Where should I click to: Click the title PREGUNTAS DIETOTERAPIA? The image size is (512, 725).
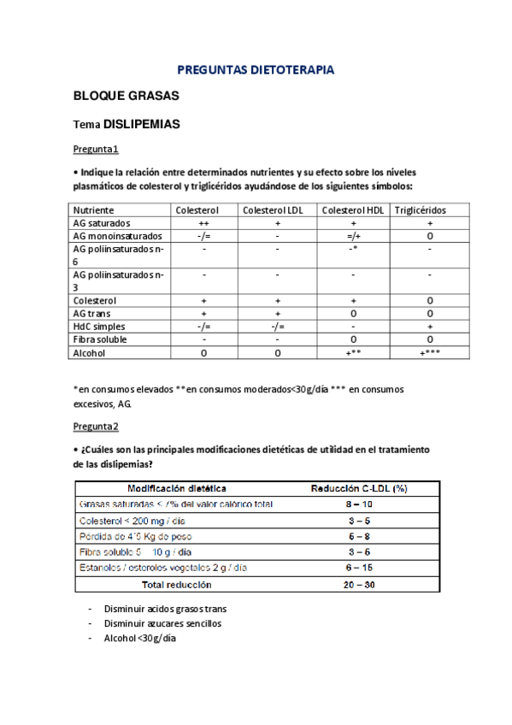(256, 69)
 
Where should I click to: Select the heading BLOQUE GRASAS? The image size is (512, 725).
(118, 96)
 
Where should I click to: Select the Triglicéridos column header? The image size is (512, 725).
(420, 209)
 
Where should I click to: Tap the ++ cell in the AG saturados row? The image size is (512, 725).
(204, 222)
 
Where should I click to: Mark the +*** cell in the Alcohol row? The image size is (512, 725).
(429, 352)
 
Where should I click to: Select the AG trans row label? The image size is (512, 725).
(91, 314)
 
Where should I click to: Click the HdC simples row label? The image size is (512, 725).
(98, 327)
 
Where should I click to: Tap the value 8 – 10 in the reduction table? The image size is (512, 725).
(357, 504)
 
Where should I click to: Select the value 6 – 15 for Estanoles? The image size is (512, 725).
(357, 569)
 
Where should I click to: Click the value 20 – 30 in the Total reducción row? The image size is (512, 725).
(357, 585)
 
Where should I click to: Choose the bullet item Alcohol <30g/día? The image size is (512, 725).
(140, 638)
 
